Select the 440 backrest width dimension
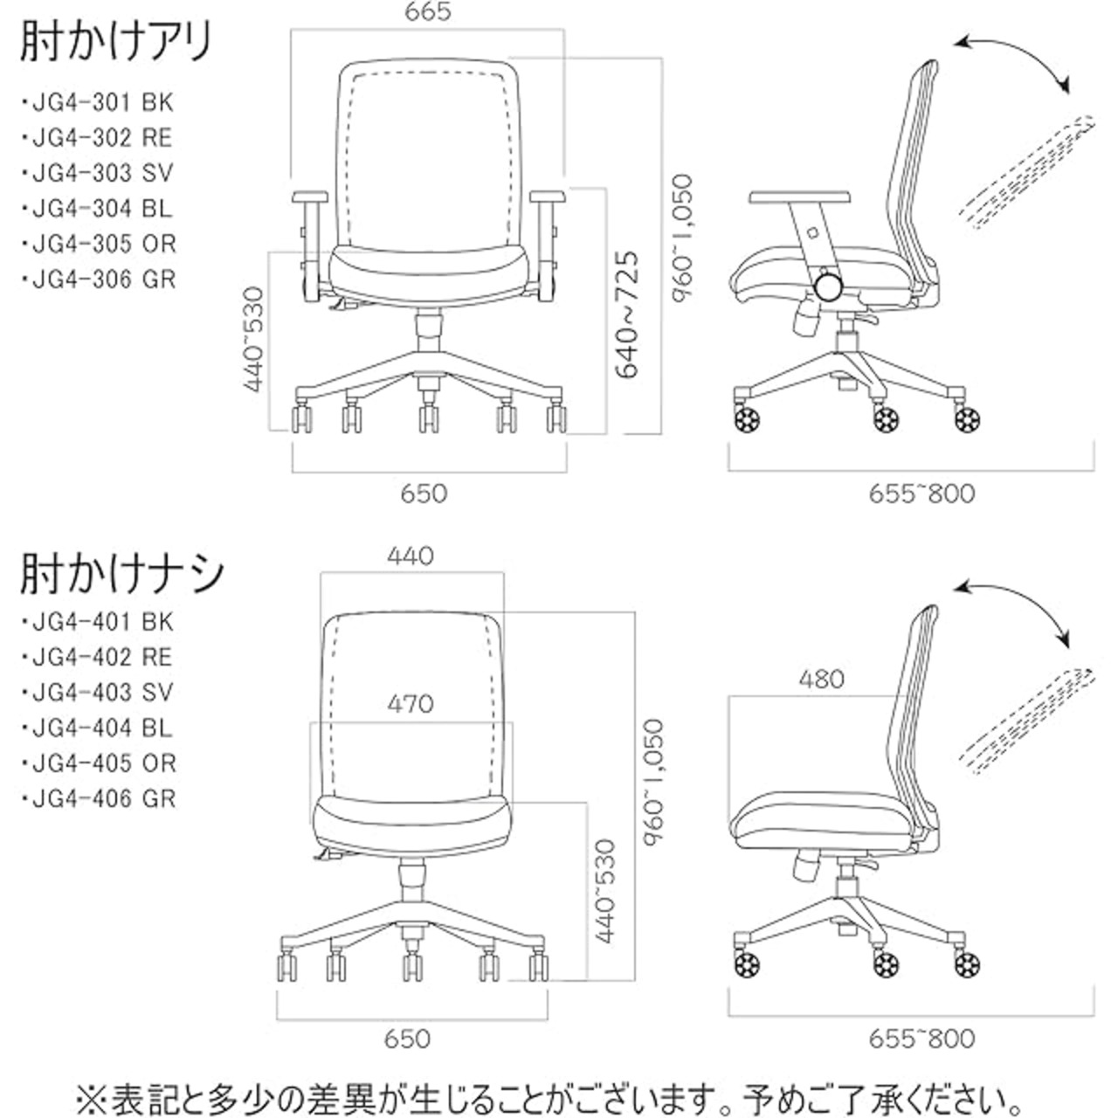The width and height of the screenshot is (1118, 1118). [x=411, y=556]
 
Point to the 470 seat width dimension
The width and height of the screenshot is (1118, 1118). [x=411, y=704]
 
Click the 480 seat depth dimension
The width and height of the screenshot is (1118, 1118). [x=821, y=679]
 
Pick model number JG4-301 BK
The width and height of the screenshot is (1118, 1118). [x=98, y=103]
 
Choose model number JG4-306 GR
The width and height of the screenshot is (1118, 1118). [x=99, y=279]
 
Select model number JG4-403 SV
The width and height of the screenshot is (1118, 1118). [x=98, y=692]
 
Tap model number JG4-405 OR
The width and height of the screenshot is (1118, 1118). [x=99, y=763]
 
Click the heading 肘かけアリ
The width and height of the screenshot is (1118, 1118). [x=117, y=41]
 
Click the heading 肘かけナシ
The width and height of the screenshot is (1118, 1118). [x=121, y=574]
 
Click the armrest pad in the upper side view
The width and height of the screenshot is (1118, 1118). [x=800, y=198]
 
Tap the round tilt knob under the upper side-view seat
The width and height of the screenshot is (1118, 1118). [x=830, y=286]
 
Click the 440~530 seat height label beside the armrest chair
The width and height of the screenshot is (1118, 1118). [x=253, y=339]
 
